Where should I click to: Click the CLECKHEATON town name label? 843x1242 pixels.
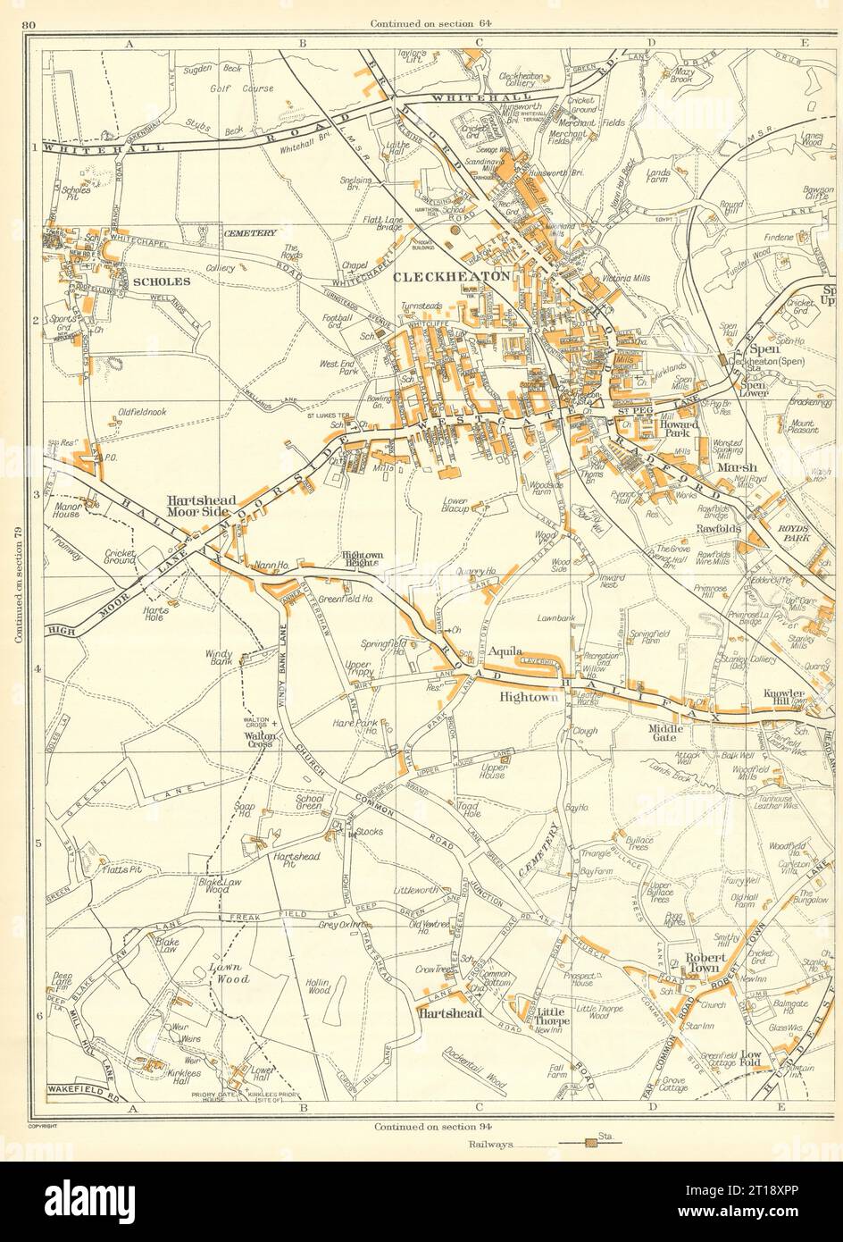pyautogui.click(x=452, y=276)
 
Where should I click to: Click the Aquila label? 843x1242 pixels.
pyautogui.click(x=505, y=653)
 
